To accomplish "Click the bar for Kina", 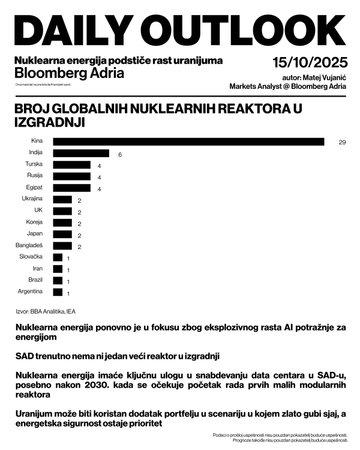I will (x=188, y=142).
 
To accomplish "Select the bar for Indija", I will (x=81, y=153).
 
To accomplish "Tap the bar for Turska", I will (x=71, y=165).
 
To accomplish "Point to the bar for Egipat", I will (x=71, y=188).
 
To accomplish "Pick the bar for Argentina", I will (x=58, y=292).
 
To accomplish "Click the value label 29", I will (x=343, y=142).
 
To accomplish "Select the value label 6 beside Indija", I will (x=120, y=154).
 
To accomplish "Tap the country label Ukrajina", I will (x=31, y=199).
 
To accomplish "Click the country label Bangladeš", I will (x=29, y=245).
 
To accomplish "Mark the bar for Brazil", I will (x=58, y=280).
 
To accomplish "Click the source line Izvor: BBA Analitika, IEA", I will (x=45, y=311).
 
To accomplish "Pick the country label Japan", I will (x=35, y=234).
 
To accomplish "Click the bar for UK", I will (x=62, y=211).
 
